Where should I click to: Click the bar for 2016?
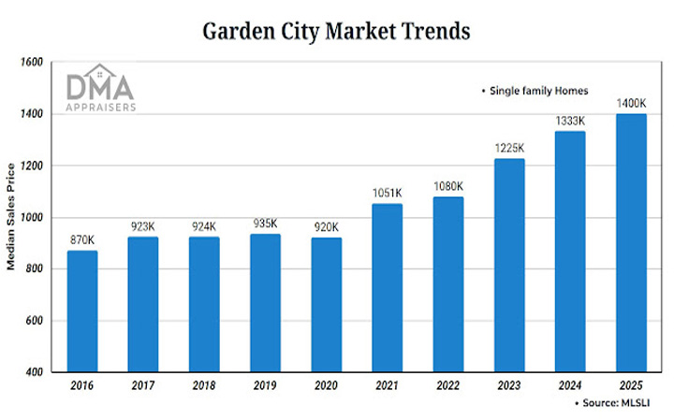coord(82,311)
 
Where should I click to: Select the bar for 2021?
coord(387,288)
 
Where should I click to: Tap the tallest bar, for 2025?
coord(631,243)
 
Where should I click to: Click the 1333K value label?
coord(570,122)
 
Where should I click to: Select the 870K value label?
coord(82,241)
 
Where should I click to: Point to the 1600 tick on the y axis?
coord(33,63)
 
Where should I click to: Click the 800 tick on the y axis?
coord(36,269)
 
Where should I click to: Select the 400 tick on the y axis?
coord(36,373)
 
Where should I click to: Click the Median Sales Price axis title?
coord(12,218)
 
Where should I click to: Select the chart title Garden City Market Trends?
coord(336,30)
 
